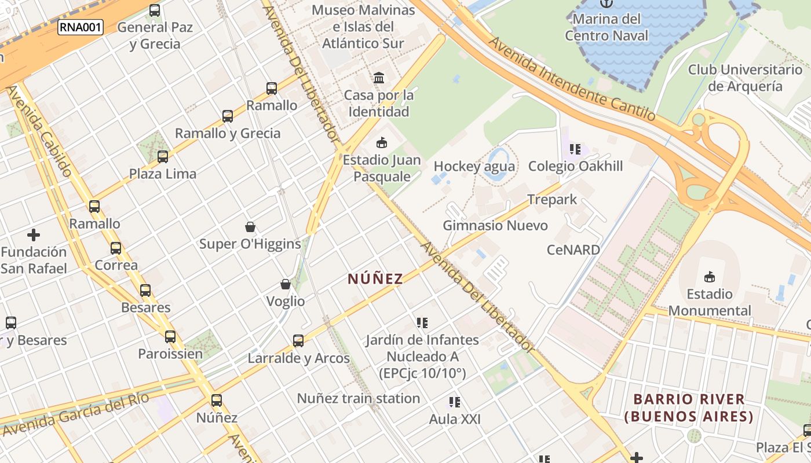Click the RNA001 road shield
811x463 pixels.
(x=80, y=27)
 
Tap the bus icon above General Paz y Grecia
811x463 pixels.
(x=155, y=10)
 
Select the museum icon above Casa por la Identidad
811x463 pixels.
(x=379, y=78)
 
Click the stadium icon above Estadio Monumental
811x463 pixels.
(x=710, y=277)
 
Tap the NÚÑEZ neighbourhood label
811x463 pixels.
(x=375, y=279)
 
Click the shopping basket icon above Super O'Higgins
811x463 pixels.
(x=250, y=226)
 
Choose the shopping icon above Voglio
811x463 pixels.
(x=286, y=284)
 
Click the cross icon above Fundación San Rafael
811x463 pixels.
(x=34, y=235)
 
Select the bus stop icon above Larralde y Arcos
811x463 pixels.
(x=298, y=341)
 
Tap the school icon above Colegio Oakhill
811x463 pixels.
(x=575, y=149)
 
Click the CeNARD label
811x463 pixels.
(x=573, y=250)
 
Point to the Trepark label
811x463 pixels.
(x=552, y=200)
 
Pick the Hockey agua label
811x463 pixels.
(x=474, y=167)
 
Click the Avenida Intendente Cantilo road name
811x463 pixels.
(x=571, y=79)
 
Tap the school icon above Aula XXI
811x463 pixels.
(x=455, y=402)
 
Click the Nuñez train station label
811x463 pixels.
(x=359, y=398)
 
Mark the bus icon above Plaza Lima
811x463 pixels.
(x=163, y=156)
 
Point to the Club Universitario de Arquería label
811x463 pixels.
(x=746, y=78)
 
